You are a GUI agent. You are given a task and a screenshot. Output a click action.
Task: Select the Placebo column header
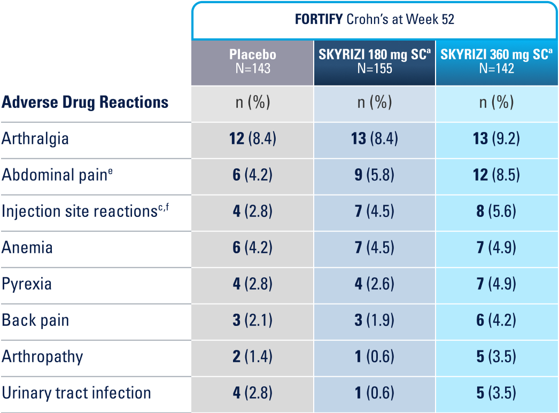click(252, 61)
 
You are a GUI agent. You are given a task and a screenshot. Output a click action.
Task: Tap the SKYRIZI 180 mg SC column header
click(375, 61)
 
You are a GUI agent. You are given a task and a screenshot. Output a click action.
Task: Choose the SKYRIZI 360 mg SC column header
click(496, 61)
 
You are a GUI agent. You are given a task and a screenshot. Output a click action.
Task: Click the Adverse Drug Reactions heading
click(85, 103)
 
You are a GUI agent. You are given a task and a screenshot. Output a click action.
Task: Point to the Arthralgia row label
click(35, 139)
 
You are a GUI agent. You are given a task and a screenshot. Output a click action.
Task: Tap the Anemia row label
click(28, 247)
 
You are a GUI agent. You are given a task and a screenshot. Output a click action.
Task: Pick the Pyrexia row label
click(27, 284)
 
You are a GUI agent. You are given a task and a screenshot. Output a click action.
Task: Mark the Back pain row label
click(35, 320)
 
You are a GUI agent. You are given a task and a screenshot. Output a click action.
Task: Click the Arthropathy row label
click(43, 356)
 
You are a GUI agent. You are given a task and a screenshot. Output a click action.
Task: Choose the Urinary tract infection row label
click(76, 393)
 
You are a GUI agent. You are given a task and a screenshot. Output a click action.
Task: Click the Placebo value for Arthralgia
click(252, 139)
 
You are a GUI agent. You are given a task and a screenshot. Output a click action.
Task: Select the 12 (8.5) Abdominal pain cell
click(496, 175)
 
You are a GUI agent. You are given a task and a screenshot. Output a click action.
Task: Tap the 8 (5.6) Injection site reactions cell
click(496, 211)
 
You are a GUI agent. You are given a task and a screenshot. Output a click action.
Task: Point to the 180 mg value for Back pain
click(375, 320)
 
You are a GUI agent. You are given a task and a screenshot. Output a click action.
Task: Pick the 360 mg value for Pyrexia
click(496, 284)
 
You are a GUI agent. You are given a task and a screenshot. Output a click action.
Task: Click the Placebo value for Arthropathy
click(252, 356)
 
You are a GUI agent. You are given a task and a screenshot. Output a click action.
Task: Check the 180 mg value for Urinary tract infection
click(375, 393)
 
